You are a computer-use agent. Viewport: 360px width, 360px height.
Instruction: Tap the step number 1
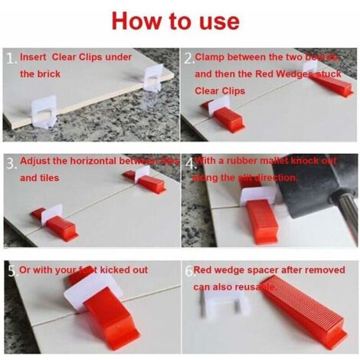point(9,58)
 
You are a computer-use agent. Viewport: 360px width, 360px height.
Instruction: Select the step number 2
point(188,58)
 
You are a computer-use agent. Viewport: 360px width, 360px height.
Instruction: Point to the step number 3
point(10,163)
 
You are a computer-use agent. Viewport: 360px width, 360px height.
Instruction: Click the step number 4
point(188,163)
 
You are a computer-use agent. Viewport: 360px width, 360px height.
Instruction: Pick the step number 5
point(10,270)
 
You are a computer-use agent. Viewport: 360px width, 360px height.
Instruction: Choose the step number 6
point(188,270)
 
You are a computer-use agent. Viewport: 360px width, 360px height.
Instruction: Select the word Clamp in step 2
point(211,57)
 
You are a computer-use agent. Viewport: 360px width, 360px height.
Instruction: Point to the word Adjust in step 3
point(35,162)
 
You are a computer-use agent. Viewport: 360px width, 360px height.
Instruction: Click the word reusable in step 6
point(257,286)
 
